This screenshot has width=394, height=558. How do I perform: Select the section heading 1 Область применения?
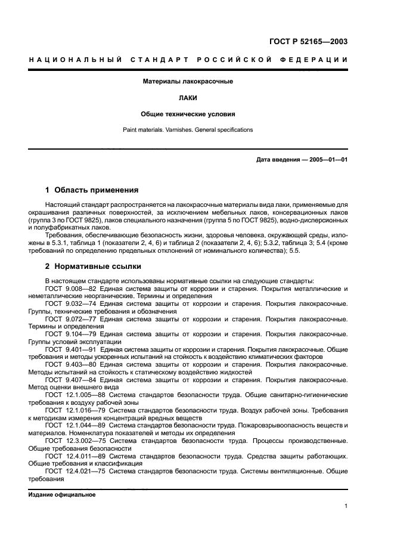tap(92, 191)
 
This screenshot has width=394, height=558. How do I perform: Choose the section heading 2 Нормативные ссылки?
tap(93, 266)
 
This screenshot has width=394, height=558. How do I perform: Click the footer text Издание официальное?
tap(61, 495)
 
